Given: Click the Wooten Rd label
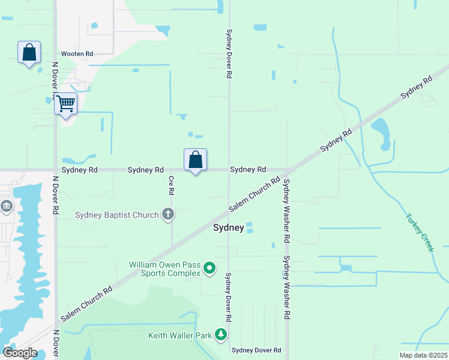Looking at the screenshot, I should (x=77, y=54).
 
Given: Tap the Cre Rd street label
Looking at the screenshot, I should (x=171, y=185).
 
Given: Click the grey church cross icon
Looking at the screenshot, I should (x=169, y=214).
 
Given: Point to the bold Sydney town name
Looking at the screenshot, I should (x=229, y=228).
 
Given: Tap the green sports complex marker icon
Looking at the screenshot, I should (x=209, y=268).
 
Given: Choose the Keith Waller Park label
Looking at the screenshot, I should (x=180, y=335).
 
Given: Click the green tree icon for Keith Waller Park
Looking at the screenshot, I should (x=221, y=335).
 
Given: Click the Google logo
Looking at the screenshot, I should (x=19, y=353).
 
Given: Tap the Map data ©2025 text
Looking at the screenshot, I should (x=423, y=355).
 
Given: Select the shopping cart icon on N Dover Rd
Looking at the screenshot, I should (x=65, y=104).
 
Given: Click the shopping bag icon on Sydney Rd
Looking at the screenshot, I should (x=195, y=160).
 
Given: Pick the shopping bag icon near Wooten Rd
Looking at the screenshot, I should (x=29, y=53).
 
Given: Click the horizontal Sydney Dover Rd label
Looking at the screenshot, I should (x=256, y=350).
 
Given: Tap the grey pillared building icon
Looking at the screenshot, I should (x=7, y=207).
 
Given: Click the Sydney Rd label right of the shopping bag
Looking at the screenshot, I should (x=248, y=170).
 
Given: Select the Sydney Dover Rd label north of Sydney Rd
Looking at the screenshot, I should (x=229, y=54).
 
